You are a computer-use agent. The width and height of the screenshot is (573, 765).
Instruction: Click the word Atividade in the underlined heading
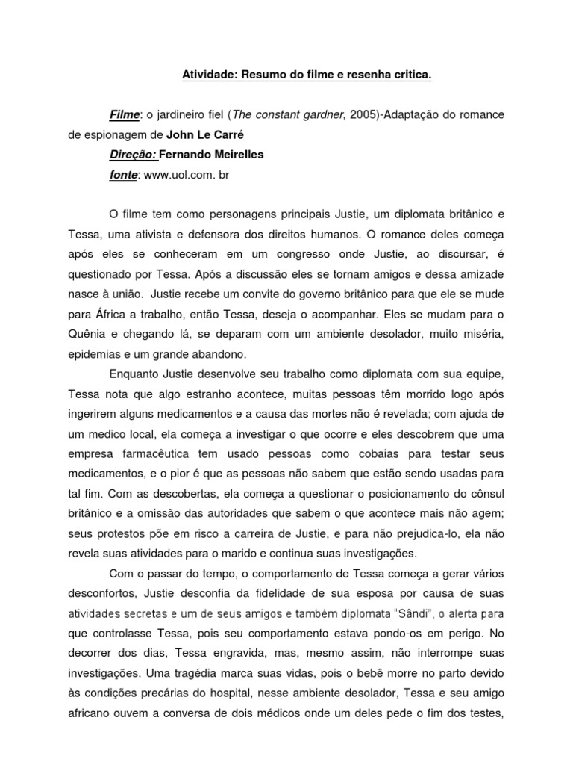pyautogui.click(x=206, y=75)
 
